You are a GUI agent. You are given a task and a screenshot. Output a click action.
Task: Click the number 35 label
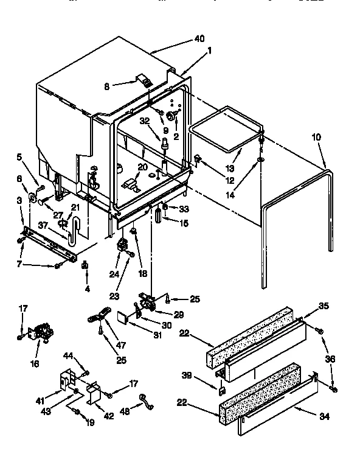click(324, 306)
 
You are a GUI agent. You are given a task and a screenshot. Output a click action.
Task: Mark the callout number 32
click(144, 121)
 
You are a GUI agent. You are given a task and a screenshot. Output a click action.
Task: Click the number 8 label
click(107, 87)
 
